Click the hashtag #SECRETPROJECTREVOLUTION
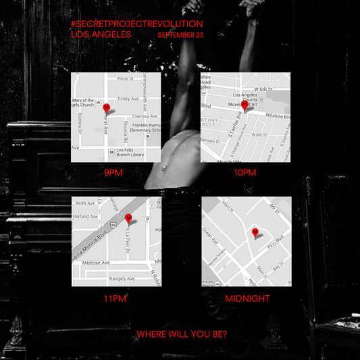pos(136,24)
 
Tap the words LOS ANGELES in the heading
pos(101,34)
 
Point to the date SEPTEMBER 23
pos(180,34)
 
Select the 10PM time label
pos(245,173)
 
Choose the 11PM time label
pos(115,298)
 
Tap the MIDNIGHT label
pos(247,298)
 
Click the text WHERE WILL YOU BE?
pos(181,334)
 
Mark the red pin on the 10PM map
pos(245,105)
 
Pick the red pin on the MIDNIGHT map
pos(255,232)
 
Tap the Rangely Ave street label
pos(103,278)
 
